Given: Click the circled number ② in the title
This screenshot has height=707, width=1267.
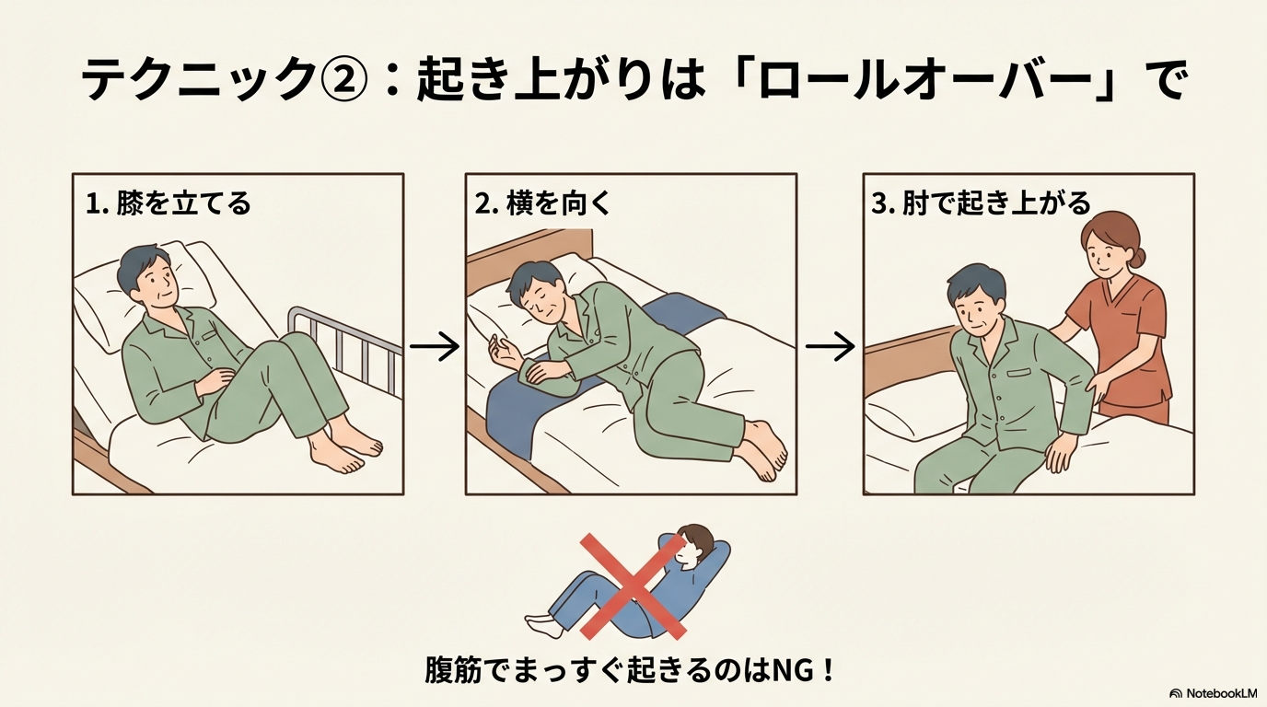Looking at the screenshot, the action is click(x=343, y=81).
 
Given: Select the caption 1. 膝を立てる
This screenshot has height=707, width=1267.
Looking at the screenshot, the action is click(x=168, y=203).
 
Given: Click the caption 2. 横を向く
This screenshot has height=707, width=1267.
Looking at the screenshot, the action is click(x=541, y=203).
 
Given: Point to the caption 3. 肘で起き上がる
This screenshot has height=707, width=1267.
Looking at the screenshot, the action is click(x=981, y=203).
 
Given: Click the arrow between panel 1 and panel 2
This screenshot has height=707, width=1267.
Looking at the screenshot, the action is click(x=435, y=345).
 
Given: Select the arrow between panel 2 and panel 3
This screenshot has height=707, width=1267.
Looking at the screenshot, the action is click(x=830, y=345).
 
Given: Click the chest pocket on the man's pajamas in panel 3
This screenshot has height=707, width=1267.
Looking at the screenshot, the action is click(x=1018, y=374).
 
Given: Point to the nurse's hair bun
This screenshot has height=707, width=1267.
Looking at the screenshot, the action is click(x=1137, y=258).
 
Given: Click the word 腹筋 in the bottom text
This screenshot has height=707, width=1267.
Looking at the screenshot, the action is click(x=452, y=671).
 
